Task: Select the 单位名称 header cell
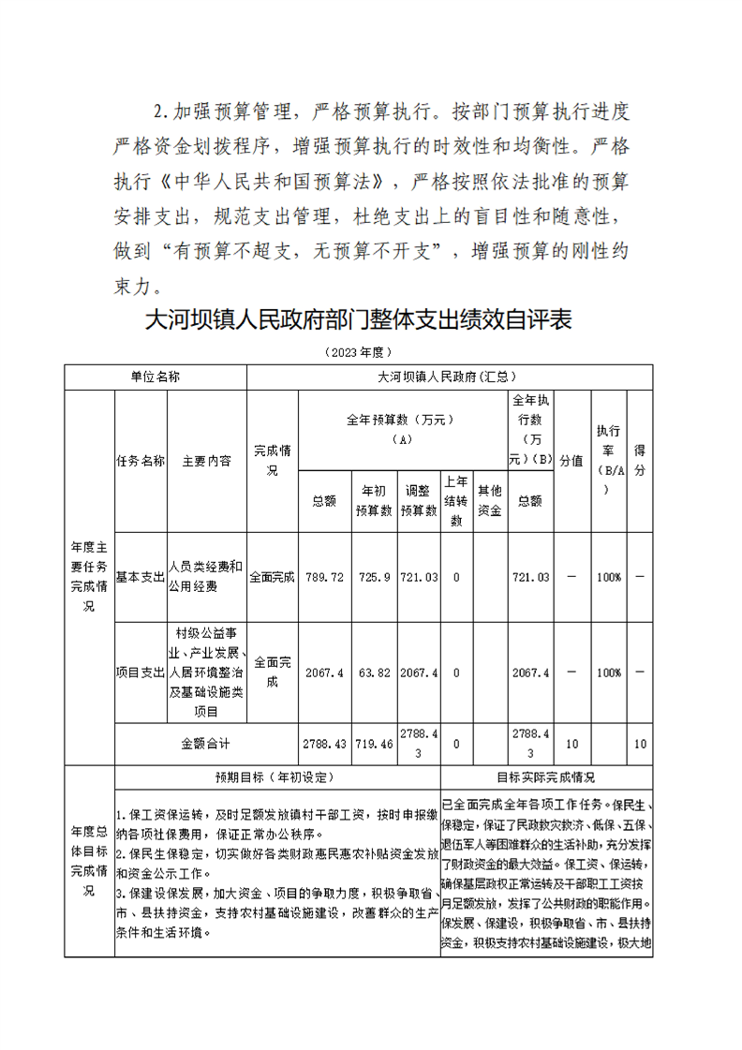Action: (x=155, y=377)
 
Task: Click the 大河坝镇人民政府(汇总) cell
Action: (x=448, y=377)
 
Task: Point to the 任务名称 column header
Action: (x=141, y=461)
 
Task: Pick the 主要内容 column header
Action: (x=207, y=461)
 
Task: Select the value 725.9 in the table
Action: (x=375, y=577)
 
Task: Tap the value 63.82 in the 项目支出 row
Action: (x=375, y=673)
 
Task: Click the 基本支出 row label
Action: (x=141, y=577)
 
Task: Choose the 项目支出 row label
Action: (x=141, y=673)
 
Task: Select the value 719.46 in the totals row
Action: (x=375, y=744)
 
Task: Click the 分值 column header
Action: (x=571, y=461)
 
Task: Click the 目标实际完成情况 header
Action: (x=545, y=777)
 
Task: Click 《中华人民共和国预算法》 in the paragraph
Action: (x=276, y=181)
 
